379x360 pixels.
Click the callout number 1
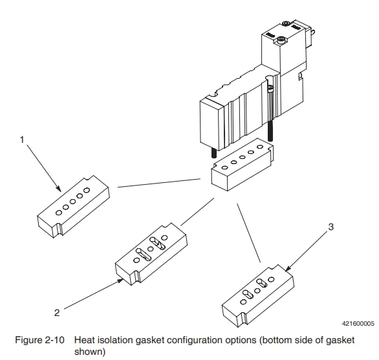[22, 140]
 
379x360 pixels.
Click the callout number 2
[57, 313]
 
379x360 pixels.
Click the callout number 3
[331, 227]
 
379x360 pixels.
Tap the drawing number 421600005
[358, 324]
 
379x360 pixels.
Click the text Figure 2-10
[39, 340]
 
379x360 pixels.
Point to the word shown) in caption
[90, 352]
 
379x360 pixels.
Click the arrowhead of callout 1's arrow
[59, 189]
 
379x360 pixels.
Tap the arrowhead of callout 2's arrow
[120, 281]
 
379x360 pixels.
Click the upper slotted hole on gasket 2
[157, 243]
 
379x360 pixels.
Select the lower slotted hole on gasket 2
[144, 255]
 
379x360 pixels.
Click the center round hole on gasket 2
[150, 249]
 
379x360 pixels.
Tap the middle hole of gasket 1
[72, 202]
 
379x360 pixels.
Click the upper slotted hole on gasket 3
[261, 283]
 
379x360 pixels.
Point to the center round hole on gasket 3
[257, 290]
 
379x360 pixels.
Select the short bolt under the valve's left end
[213, 153]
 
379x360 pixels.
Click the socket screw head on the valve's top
[281, 39]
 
